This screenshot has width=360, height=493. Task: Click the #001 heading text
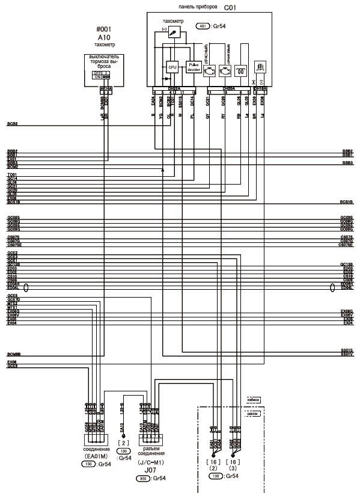(x=104, y=29)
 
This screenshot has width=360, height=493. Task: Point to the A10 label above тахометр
(x=104, y=37)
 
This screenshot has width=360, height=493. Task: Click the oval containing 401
(x=203, y=27)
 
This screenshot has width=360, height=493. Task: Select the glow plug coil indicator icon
(x=242, y=70)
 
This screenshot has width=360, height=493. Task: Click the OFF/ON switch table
(x=100, y=75)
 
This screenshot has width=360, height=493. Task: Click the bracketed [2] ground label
(x=123, y=441)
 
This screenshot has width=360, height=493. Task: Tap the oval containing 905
(x=143, y=479)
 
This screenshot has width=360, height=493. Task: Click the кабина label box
(x=253, y=400)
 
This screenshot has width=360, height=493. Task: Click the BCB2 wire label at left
(x=12, y=124)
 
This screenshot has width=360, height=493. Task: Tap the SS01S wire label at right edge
(x=346, y=349)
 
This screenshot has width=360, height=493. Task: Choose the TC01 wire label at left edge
(x=11, y=174)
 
